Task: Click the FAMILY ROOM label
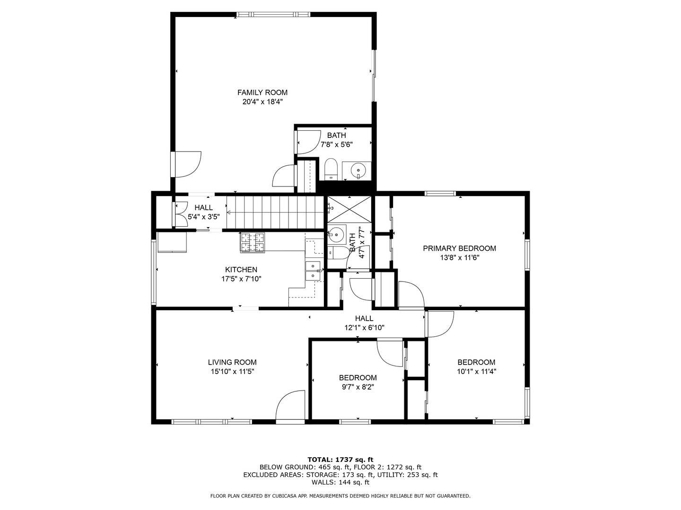tap(262, 93)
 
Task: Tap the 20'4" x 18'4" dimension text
tap(262, 102)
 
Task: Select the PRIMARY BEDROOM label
tap(459, 248)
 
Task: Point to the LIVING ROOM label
tap(232, 362)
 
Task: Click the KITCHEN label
tap(241, 270)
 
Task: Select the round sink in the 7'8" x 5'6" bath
tap(359, 169)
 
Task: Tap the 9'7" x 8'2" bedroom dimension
tap(358, 387)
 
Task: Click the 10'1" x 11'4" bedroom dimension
tap(476, 371)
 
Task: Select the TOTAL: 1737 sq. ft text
tap(340, 459)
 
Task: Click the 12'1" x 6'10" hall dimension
tap(364, 327)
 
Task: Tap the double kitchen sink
tap(313, 270)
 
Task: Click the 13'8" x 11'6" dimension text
tap(459, 258)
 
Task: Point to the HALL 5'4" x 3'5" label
tap(204, 212)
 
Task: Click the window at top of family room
tap(274, 15)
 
